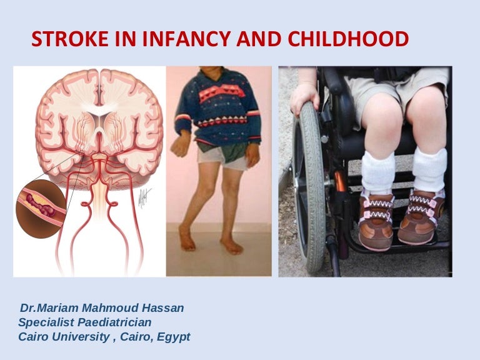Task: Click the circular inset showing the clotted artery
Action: tap(41, 209)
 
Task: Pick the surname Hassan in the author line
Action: tap(167, 308)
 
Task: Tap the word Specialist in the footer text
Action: tap(43, 322)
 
